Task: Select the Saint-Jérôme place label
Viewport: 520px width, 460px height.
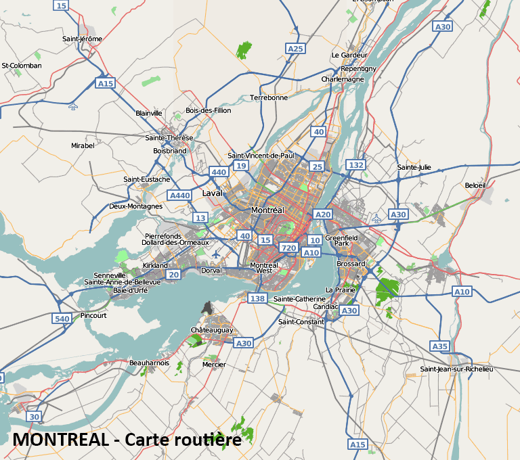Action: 82,39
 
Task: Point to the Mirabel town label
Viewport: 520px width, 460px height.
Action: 83,145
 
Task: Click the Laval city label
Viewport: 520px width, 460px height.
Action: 213,193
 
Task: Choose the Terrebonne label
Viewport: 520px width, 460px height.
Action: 269,97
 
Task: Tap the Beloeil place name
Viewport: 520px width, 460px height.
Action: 475,185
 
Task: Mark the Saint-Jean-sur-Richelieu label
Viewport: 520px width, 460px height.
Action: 456,369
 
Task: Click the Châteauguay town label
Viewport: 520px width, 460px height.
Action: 212,330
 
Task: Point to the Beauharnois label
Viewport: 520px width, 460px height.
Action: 149,363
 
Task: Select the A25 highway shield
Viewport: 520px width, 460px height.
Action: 295,49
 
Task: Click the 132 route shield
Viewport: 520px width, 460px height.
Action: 355,164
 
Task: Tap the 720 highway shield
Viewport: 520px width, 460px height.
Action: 288,248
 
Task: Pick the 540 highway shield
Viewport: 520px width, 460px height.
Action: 62,318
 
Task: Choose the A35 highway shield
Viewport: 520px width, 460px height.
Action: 440,346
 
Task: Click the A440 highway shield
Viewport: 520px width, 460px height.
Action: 180,195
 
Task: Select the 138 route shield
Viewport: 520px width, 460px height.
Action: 257,298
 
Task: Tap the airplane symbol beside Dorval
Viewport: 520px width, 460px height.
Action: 216,254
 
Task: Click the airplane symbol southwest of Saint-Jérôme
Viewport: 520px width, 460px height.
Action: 73,106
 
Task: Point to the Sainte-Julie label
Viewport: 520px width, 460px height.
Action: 414,167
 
